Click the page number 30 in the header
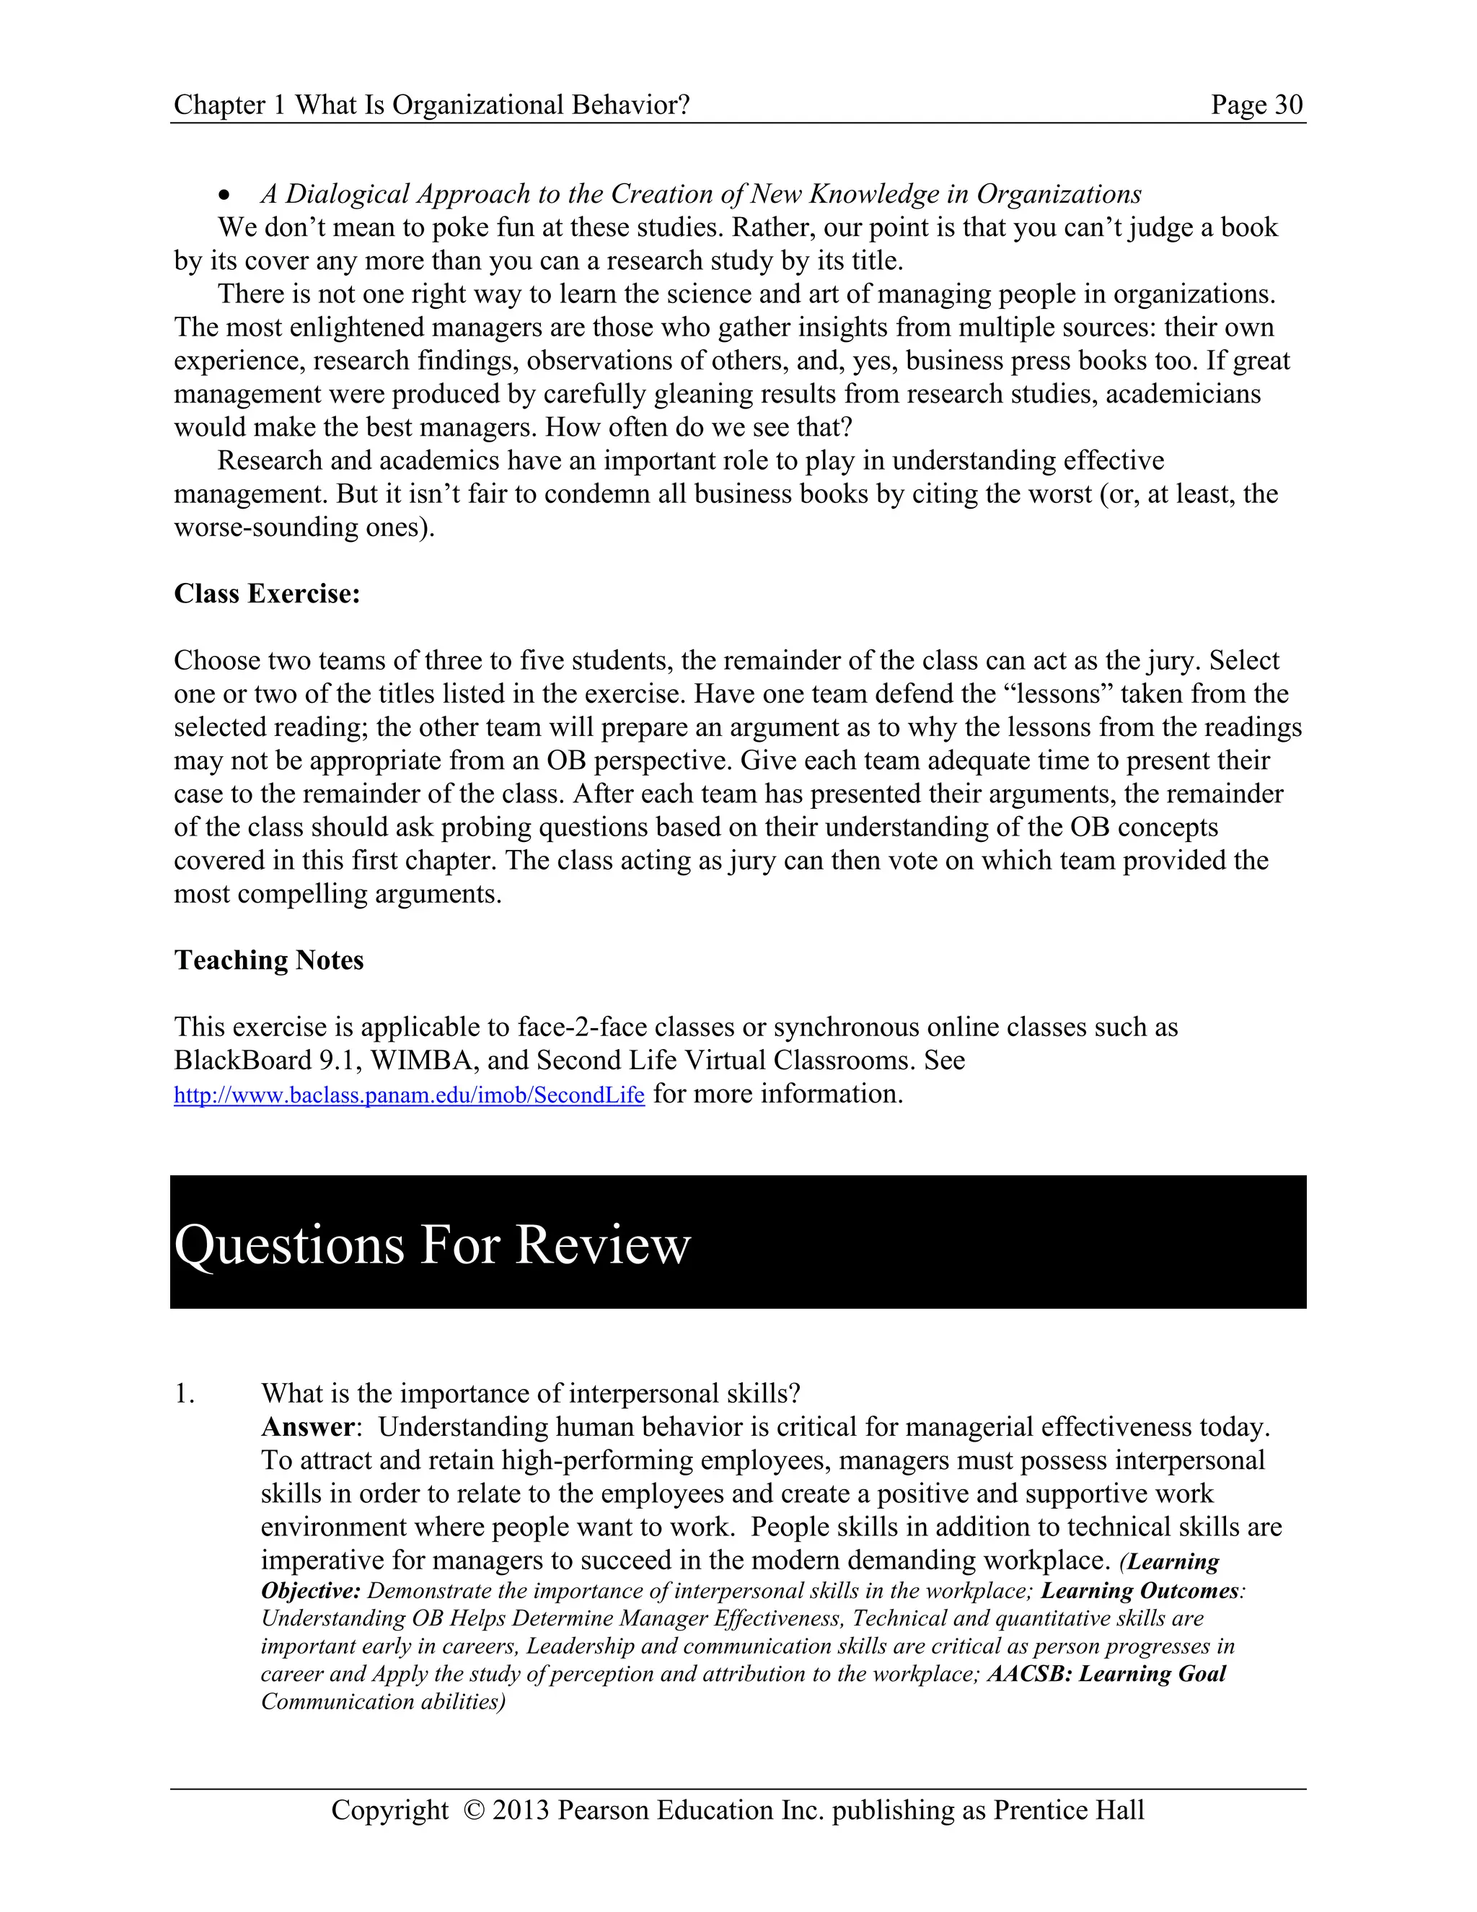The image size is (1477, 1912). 1288,105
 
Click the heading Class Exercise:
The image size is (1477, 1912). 267,594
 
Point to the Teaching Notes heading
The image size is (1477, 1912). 268,960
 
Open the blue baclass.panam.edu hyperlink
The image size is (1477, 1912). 409,1095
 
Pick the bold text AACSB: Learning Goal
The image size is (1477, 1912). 1106,1674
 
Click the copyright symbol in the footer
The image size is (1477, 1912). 473,1810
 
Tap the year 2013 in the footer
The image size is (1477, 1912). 521,1810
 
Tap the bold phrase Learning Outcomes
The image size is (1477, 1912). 1139,1591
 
